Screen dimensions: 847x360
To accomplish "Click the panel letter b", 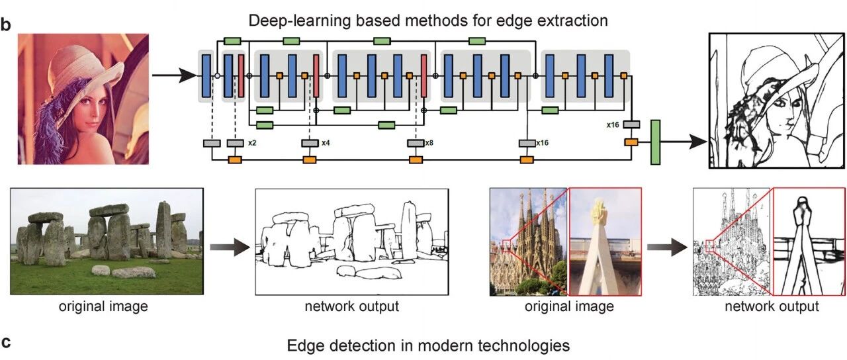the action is [6, 25].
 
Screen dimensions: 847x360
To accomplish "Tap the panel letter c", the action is [6, 342].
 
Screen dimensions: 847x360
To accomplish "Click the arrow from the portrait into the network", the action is [174, 75].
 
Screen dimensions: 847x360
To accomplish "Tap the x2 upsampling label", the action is [252, 143].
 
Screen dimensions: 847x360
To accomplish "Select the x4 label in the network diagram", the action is [326, 143].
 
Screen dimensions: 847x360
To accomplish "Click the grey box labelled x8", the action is [416, 144].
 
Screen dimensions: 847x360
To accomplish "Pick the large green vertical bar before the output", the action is [655, 142].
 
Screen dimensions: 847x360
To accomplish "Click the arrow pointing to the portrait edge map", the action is [684, 142].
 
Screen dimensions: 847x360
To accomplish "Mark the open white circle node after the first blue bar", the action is [217, 76].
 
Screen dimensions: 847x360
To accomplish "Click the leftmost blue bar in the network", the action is [206, 76].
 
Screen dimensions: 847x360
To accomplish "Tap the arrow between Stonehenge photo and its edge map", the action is [230, 247].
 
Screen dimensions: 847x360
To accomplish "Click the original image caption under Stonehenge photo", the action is [103, 306].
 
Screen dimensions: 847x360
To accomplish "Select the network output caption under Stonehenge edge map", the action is [351, 306].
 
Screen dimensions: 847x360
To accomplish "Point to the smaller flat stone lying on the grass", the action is [101, 270].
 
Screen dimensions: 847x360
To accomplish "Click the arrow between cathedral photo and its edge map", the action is [667, 247].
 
